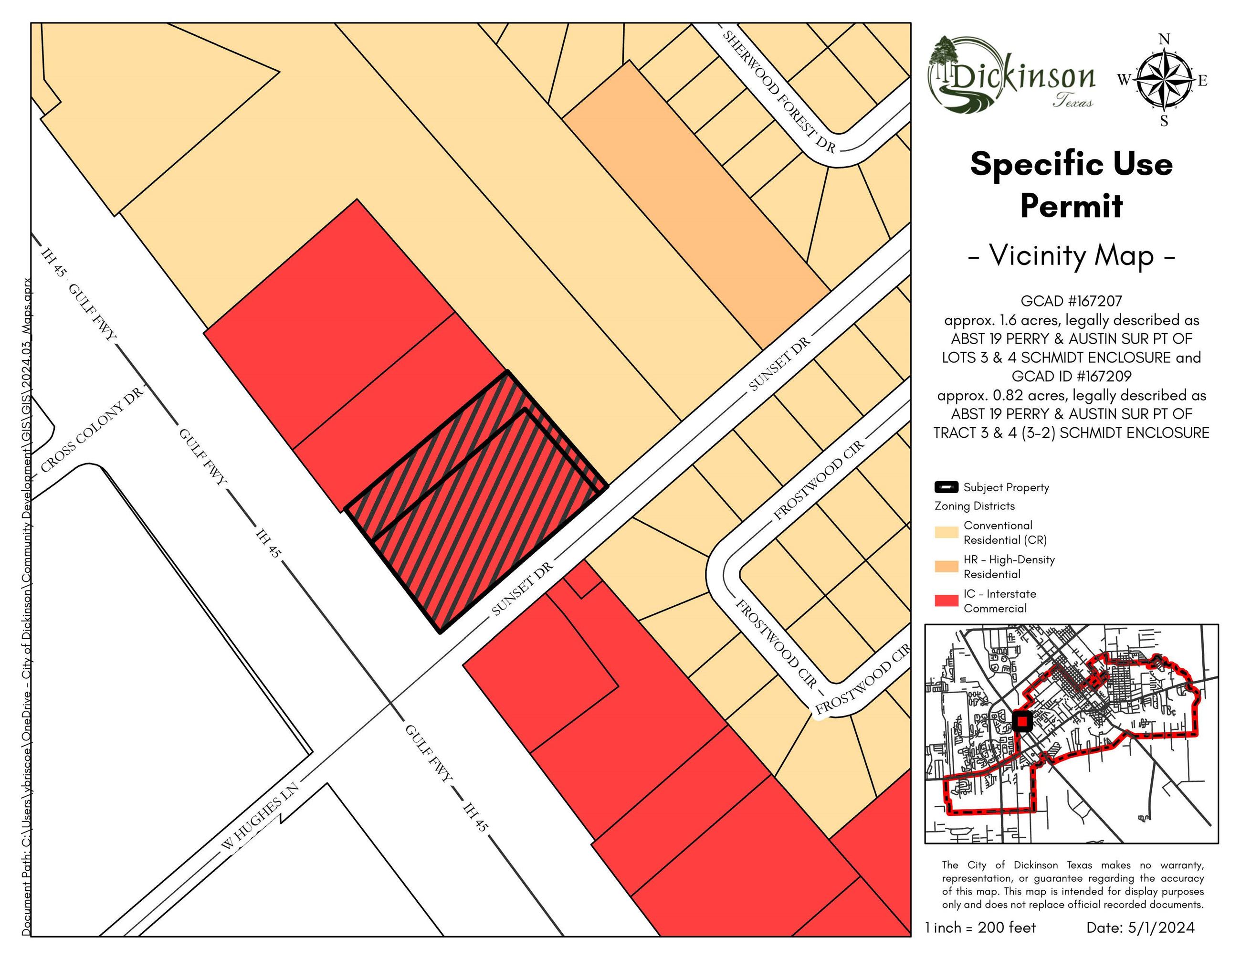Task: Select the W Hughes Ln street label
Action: click(x=260, y=824)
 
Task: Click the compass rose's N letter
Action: click(x=1164, y=39)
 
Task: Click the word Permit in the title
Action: click(x=1071, y=206)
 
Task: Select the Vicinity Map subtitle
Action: click(x=1071, y=256)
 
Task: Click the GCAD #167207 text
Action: click(x=1071, y=301)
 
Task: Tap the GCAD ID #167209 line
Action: click(x=1071, y=376)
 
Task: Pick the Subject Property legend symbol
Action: click(x=946, y=487)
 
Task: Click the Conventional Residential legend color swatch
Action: click(x=946, y=532)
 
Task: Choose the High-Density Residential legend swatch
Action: click(x=946, y=567)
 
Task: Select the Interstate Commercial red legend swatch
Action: click(x=946, y=601)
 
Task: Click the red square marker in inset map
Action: click(x=1022, y=722)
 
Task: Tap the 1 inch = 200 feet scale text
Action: click(x=980, y=928)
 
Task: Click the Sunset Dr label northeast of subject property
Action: click(x=778, y=364)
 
